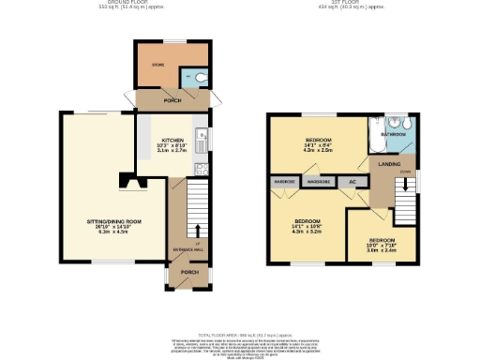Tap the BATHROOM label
pos(393,135)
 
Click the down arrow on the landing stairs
pos(405,185)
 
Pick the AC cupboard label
pos(352,182)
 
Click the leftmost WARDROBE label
pos(284,182)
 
